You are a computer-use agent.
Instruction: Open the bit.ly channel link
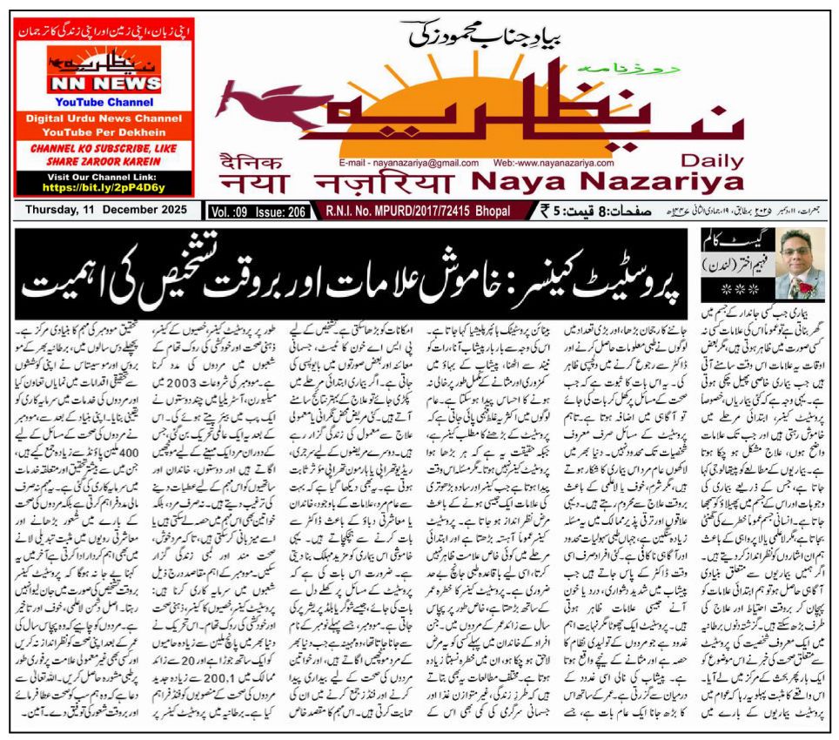tap(104, 187)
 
